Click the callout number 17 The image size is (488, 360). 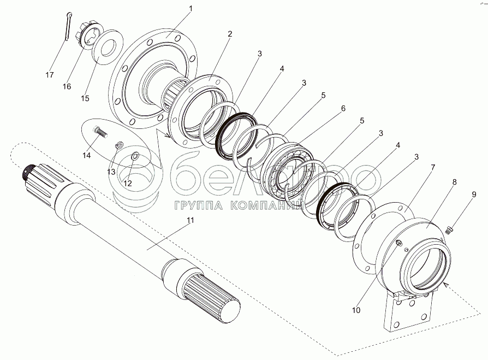50,74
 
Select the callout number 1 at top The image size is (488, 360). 191,9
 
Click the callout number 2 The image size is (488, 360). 230,34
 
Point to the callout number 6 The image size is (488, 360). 343,108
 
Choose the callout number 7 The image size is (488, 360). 432,166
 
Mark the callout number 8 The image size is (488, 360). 455,181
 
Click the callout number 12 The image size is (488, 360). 127,184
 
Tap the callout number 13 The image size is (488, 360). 111,172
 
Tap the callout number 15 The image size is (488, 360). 85,98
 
